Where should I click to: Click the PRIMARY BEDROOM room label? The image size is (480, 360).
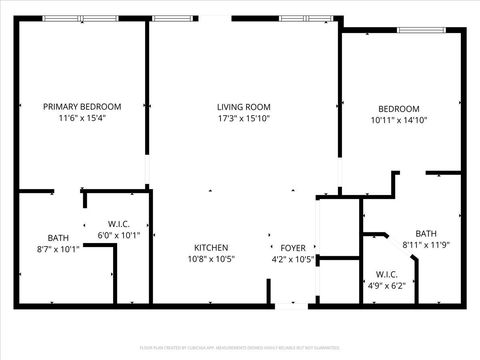pyautogui.click(x=82, y=107)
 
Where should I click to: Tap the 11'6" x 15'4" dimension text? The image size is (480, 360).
pyautogui.click(x=82, y=118)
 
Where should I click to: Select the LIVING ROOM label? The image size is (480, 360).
pyautogui.click(x=244, y=107)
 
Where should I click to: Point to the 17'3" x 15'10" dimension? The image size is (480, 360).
pyautogui.click(x=244, y=118)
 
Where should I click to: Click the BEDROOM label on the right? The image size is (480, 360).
pyautogui.click(x=398, y=109)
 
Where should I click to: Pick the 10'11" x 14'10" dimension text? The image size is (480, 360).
pyautogui.click(x=398, y=120)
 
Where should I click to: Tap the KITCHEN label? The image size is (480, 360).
pyautogui.click(x=211, y=248)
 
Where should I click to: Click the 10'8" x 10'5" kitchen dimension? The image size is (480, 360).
pyautogui.click(x=211, y=259)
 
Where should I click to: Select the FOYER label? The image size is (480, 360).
pyautogui.click(x=293, y=248)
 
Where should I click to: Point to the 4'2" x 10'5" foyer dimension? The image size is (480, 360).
pyautogui.click(x=293, y=259)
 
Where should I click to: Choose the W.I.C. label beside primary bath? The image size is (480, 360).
pyautogui.click(x=119, y=224)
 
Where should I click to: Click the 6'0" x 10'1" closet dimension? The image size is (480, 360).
pyautogui.click(x=119, y=235)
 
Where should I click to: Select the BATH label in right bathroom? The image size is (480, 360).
pyautogui.click(x=426, y=233)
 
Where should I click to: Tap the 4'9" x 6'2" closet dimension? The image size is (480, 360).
pyautogui.click(x=387, y=285)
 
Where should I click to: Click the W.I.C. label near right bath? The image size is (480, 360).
pyautogui.click(x=387, y=274)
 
